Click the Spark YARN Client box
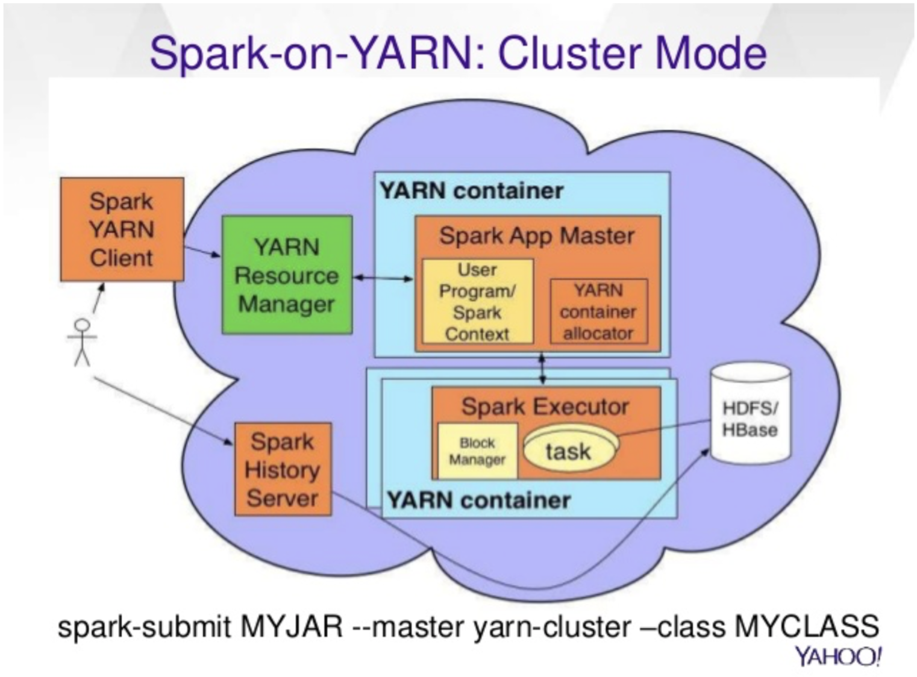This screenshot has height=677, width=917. (122, 229)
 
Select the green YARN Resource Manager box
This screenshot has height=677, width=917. (287, 275)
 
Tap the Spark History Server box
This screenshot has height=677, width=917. (283, 469)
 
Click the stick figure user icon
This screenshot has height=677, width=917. (83, 342)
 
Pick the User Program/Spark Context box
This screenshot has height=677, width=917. (478, 302)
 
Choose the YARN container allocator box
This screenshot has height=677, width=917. (599, 311)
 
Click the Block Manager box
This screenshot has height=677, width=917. (478, 451)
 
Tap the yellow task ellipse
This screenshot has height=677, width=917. (571, 451)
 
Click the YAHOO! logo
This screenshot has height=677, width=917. (839, 657)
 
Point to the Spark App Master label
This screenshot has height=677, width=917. (537, 237)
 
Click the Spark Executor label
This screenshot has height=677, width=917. (545, 407)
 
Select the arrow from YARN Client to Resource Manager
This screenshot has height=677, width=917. (202, 252)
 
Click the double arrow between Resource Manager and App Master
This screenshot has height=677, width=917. (384, 278)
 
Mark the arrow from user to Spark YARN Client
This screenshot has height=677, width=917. (98, 298)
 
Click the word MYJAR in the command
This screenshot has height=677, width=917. (292, 626)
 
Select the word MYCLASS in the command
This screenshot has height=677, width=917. (807, 626)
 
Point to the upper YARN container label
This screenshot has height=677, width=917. (472, 191)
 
